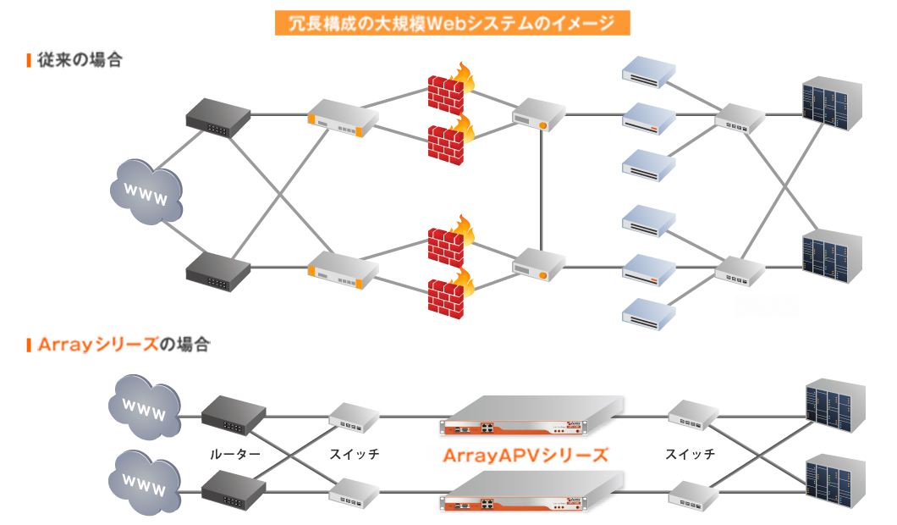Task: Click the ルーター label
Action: point(234,455)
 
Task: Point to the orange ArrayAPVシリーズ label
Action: point(525,455)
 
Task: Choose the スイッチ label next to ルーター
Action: point(355,455)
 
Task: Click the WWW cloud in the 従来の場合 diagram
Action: point(147,192)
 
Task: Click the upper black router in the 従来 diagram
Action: point(218,116)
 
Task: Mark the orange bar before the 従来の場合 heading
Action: point(30,60)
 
